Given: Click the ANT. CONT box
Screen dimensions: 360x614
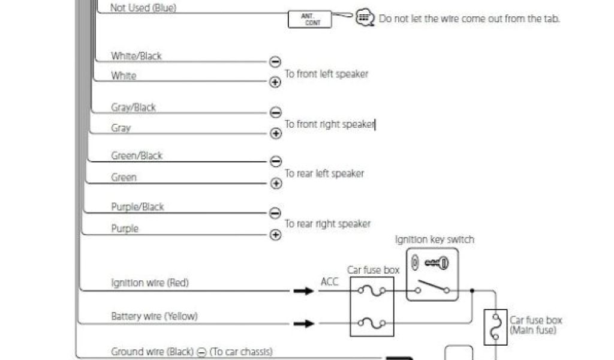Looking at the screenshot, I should [309, 19].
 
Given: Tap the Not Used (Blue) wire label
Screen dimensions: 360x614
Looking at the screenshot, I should [143, 8].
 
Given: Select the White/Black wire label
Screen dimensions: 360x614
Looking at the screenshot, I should [136, 56].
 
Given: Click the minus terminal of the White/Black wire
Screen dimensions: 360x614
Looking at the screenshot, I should [275, 61].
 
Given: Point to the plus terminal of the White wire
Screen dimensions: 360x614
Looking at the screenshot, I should [275, 82].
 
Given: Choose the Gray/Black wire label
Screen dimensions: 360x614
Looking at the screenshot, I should [133, 107].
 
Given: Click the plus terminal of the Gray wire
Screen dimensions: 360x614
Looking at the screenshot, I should [275, 133].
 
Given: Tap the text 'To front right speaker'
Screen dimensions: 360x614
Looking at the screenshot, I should [329, 124].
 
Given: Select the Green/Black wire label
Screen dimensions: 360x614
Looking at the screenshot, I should [137, 155].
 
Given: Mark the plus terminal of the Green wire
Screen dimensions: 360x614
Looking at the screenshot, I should [275, 184].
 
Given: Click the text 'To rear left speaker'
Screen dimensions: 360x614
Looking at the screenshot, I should [324, 173].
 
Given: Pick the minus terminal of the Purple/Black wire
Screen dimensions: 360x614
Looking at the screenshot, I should [275, 212].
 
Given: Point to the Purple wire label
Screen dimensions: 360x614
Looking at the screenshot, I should [125, 229].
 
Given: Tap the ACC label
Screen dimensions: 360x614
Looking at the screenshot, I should [329, 282].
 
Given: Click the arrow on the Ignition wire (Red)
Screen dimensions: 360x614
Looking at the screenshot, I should [303, 291].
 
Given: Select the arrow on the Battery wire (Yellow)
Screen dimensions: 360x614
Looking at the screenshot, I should [303, 324].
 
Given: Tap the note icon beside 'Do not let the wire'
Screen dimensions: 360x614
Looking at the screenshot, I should [364, 17].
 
